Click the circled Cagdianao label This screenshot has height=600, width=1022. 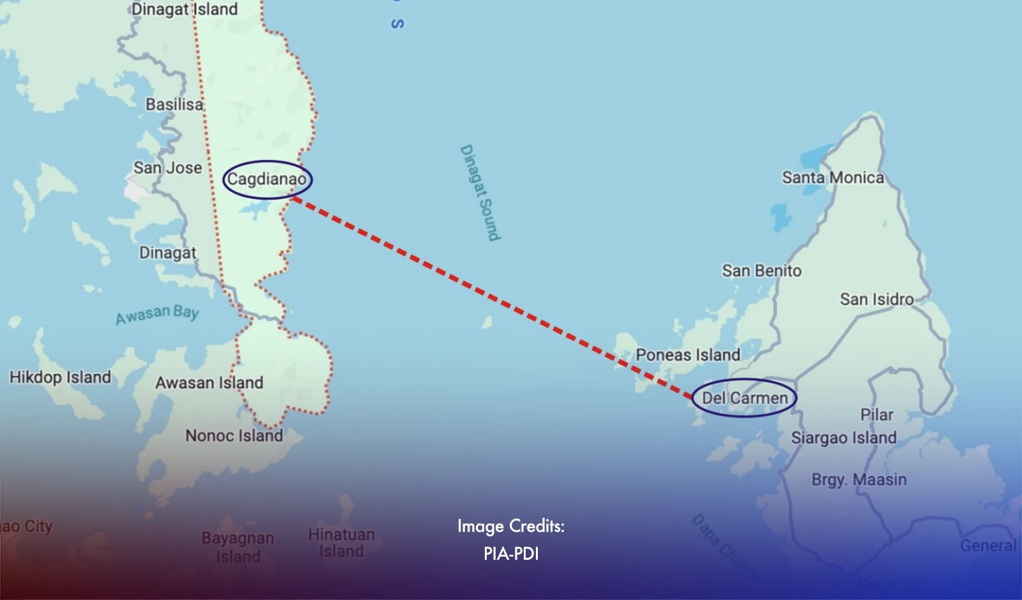(267, 179)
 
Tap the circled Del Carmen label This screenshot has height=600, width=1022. (745, 398)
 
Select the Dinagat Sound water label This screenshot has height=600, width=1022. (480, 193)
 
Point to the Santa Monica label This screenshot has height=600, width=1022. (833, 177)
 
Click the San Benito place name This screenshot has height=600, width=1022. (761, 271)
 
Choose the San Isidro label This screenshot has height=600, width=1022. (876, 299)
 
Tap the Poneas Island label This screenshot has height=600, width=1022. (688, 355)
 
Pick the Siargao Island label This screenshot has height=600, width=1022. (844, 438)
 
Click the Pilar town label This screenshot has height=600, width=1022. (876, 415)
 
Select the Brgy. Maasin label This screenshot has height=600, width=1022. (859, 479)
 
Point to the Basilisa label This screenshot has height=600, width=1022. (174, 104)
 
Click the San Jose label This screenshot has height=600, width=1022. (167, 168)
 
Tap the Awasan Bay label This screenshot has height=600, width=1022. (157, 313)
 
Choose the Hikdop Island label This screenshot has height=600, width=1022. (60, 377)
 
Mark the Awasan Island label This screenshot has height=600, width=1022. (209, 382)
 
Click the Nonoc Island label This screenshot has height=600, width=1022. (234, 435)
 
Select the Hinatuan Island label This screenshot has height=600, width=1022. (341, 543)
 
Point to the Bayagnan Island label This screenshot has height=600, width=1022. (238, 547)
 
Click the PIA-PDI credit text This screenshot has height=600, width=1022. (511, 553)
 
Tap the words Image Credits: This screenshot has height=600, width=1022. (511, 526)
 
